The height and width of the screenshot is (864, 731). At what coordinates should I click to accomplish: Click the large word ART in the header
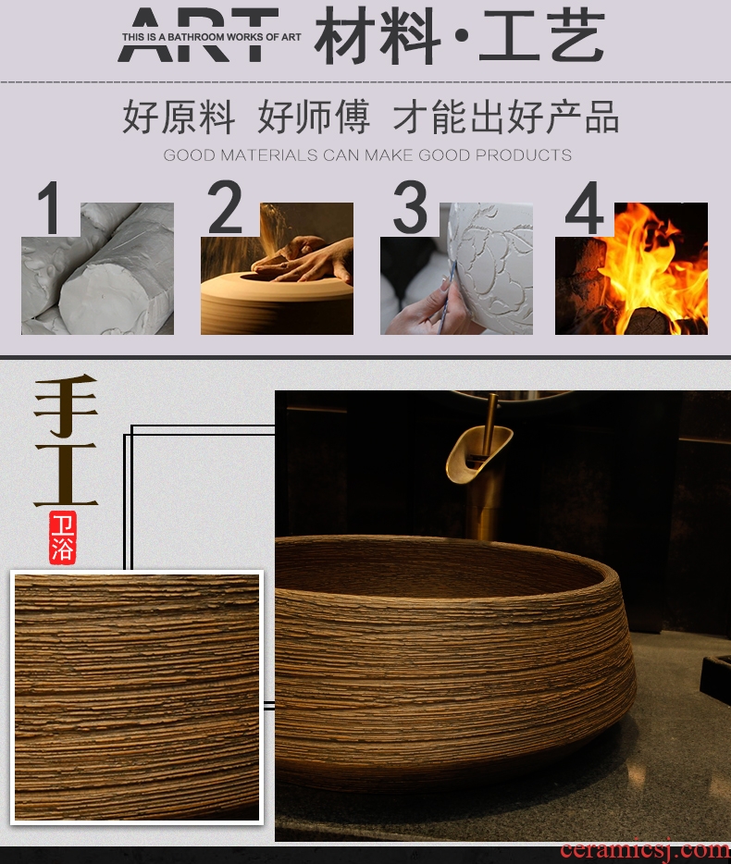pos(198,34)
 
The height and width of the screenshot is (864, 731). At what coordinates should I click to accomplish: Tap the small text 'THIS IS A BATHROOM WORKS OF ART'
pos(212,37)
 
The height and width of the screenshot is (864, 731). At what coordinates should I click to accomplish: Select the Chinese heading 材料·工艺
pos(460,36)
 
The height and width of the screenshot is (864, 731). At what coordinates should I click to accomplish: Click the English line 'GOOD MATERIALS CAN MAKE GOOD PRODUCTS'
pos(367,154)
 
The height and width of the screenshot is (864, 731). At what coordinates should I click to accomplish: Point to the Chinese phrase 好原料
pos(179,117)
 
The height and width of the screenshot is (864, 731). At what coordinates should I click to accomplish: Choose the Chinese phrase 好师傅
pos(314,117)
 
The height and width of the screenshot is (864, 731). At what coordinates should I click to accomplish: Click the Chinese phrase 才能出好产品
pos(505,117)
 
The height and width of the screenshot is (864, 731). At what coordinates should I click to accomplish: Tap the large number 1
pos(50,208)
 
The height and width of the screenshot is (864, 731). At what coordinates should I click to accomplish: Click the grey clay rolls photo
pos(97,268)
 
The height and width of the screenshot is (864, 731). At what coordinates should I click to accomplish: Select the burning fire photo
pos(632,268)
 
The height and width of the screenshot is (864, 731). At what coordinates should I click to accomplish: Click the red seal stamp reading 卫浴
pos(62,537)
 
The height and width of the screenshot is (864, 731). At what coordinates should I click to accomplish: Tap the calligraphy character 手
pos(66,405)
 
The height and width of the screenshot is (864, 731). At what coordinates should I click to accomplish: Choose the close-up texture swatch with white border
pos(137,697)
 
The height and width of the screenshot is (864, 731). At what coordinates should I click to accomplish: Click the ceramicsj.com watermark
pos(645,850)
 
